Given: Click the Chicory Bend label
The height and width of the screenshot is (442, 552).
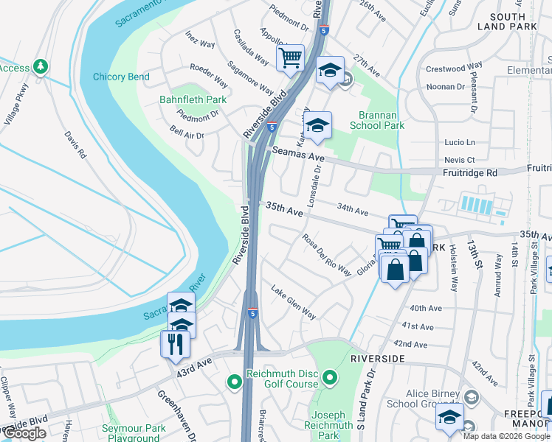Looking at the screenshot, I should click(x=121, y=77).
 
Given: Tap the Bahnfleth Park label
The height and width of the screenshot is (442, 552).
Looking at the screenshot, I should click(x=193, y=99).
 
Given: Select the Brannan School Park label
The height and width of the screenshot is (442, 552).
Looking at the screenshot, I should click(x=382, y=121).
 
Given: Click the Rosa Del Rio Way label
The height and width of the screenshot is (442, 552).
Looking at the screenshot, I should click(x=325, y=254).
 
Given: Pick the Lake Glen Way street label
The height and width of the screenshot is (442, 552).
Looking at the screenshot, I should click(x=293, y=303).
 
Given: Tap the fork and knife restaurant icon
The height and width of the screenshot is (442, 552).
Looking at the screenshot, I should click(x=176, y=343).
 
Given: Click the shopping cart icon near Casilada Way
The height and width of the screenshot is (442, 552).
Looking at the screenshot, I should click(x=291, y=57).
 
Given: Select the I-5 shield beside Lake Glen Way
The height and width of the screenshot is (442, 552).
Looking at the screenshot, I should click(x=252, y=313).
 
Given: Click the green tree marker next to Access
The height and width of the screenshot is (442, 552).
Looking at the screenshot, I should click(x=41, y=67).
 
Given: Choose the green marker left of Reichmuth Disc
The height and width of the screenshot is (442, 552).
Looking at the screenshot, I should click(x=235, y=382).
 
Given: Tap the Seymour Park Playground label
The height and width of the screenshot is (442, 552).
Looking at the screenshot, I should click(x=134, y=433).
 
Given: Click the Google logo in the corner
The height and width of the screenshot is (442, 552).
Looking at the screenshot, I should click(x=24, y=433).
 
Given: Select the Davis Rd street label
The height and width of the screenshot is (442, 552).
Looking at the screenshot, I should click(x=75, y=147).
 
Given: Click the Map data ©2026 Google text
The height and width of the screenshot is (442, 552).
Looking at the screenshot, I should click(x=506, y=436).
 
